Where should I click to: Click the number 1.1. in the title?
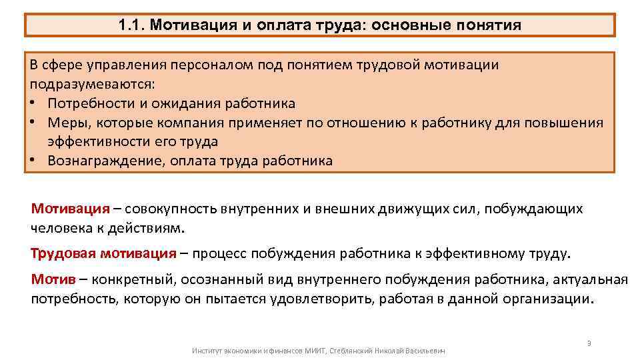click(x=131, y=25)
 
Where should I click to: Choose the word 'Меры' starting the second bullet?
click(x=66, y=123)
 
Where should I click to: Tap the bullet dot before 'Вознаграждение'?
click(x=33, y=161)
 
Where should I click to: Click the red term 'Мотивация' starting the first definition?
click(x=70, y=209)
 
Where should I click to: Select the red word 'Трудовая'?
click(x=63, y=254)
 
